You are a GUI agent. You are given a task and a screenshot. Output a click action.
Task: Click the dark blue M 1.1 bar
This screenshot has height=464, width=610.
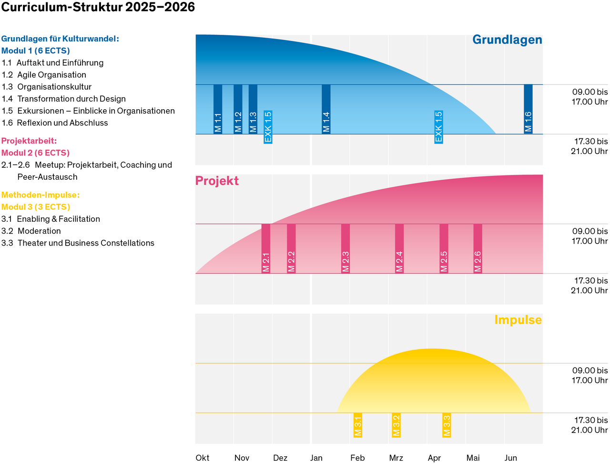(218, 109)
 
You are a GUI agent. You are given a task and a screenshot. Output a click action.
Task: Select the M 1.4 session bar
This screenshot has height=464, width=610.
(326, 109)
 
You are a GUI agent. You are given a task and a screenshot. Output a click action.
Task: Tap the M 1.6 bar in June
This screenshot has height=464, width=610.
(528, 109)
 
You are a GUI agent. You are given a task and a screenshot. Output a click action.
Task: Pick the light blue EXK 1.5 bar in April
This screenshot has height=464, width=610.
(439, 126)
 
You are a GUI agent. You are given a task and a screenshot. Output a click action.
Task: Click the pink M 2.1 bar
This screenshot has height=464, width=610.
(266, 248)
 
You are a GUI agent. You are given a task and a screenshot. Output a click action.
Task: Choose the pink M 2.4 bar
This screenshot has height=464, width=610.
(399, 248)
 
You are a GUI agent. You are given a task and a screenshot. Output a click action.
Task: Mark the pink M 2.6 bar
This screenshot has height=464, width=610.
(478, 248)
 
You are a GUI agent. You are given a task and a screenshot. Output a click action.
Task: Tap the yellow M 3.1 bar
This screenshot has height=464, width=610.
(358, 425)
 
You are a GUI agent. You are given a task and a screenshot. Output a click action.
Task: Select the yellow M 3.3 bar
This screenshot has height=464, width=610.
(447, 425)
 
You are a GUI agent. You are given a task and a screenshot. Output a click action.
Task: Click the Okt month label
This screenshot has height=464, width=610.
(203, 458)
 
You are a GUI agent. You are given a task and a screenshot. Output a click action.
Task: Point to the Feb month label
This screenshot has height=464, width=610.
(357, 458)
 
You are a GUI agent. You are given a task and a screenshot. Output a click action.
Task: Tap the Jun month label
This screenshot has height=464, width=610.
(511, 458)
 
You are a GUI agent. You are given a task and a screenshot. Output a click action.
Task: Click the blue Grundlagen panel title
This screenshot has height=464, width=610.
(507, 40)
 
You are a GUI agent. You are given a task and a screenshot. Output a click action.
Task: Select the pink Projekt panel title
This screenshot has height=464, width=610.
(217, 181)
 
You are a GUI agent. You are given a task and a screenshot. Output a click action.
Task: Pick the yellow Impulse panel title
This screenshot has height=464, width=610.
(518, 320)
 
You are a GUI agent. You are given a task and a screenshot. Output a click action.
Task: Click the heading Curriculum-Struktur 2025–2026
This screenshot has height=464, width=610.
(98, 7)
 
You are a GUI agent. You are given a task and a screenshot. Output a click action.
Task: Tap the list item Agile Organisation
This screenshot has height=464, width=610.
(51, 75)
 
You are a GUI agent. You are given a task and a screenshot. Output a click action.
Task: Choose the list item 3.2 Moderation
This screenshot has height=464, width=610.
(39, 231)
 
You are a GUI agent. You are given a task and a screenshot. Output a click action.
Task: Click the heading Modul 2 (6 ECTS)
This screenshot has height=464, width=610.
(36, 153)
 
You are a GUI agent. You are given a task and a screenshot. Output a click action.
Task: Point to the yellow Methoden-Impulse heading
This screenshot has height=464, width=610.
(41, 195)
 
